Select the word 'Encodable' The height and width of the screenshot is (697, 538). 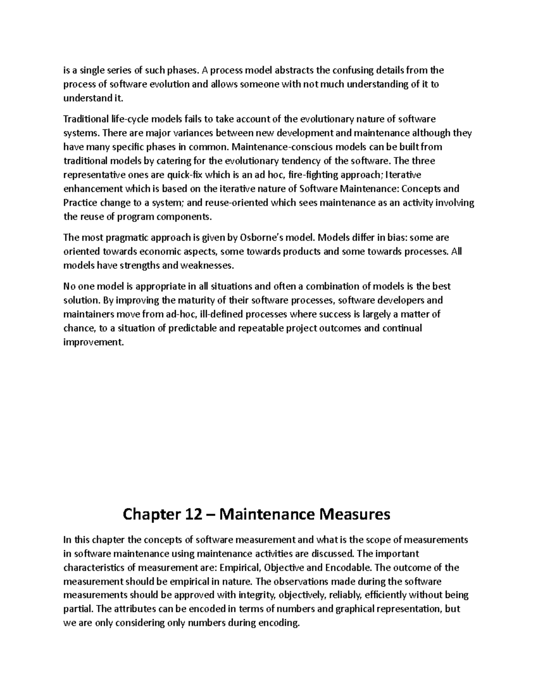(x=348, y=568)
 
